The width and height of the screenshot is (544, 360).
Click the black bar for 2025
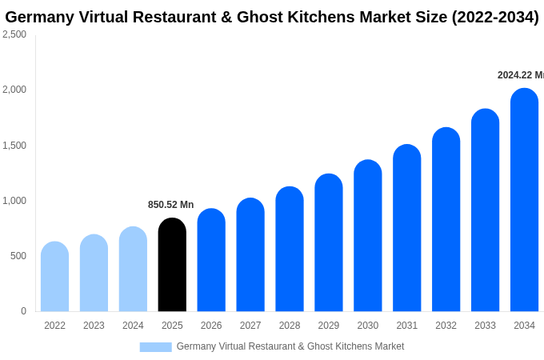click(172, 265)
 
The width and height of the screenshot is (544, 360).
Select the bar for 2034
click(524, 200)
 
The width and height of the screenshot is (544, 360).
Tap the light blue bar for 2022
click(54, 277)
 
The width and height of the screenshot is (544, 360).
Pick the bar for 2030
click(368, 236)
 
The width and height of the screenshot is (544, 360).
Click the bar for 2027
click(250, 255)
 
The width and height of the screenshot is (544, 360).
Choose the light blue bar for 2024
click(133, 270)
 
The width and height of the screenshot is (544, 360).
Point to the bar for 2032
click(446, 220)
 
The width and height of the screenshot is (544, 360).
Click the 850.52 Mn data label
click(170, 205)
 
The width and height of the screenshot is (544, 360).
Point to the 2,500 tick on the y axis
click(14, 34)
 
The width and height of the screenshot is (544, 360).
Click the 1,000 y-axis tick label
click(14, 201)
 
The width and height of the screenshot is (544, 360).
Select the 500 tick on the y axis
click(18, 256)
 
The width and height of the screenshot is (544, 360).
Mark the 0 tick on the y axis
click(23, 311)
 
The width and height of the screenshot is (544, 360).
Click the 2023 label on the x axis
click(94, 326)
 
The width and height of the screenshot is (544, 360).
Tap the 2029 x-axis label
click(329, 326)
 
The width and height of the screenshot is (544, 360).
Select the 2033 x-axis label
click(485, 326)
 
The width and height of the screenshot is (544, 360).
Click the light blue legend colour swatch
click(155, 346)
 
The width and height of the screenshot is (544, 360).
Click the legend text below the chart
click(290, 346)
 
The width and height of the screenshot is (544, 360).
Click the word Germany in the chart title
click(38, 17)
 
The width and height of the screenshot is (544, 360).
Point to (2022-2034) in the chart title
click(495, 17)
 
